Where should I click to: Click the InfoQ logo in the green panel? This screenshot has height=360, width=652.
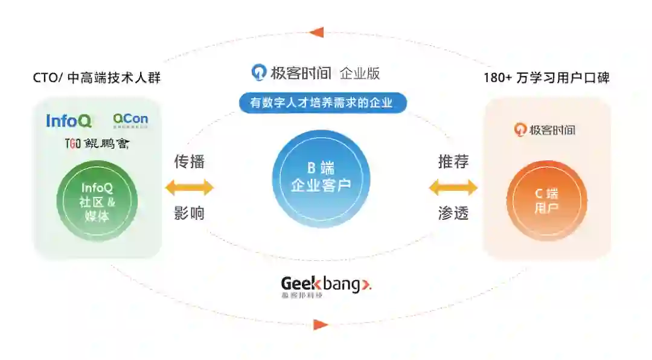(69, 121)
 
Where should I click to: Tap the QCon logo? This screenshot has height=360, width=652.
(130, 120)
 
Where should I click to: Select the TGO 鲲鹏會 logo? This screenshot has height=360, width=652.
(97, 144)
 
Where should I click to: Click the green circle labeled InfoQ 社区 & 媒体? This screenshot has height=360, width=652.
(97, 201)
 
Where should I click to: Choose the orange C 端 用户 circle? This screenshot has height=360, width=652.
(546, 201)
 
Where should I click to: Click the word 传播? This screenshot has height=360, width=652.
(190, 161)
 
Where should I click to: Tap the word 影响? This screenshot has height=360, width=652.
(190, 213)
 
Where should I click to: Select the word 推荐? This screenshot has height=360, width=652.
(453, 161)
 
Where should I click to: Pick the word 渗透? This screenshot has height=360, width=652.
(453, 213)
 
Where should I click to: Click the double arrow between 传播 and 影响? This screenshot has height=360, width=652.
(190, 187)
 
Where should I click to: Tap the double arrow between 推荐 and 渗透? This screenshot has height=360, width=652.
(453, 187)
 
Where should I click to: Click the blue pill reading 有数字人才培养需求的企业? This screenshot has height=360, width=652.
(322, 103)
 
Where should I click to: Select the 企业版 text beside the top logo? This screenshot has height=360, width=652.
(360, 74)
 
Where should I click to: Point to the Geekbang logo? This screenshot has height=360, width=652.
(326, 286)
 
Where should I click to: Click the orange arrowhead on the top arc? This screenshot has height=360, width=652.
(316, 32)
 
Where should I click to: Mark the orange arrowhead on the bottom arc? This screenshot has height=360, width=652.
(321, 324)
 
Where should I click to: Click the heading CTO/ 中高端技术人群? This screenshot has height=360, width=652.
(97, 78)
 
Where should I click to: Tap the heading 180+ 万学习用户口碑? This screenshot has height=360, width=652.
(546, 78)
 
